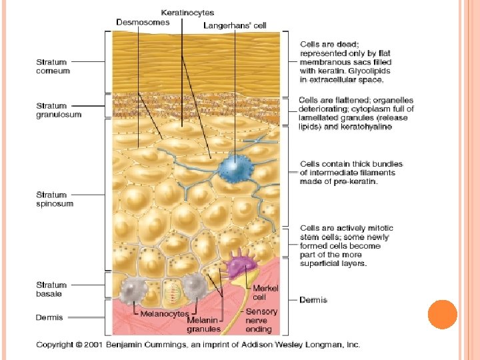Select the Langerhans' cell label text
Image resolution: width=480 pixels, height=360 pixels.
[235, 26]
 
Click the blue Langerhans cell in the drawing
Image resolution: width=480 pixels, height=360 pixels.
[233, 167]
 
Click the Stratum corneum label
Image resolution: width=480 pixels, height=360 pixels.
[53, 66]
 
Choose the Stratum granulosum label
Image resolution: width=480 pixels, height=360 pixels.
[59, 109]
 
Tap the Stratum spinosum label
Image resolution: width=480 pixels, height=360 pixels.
[55, 199]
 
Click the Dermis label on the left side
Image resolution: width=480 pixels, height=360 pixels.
[49, 317]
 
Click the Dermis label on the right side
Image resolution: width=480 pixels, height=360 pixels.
[313, 300]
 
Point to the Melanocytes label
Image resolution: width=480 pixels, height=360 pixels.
[164, 313]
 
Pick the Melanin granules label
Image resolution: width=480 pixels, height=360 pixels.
[203, 325]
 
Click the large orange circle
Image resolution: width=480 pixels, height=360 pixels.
[442, 315]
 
